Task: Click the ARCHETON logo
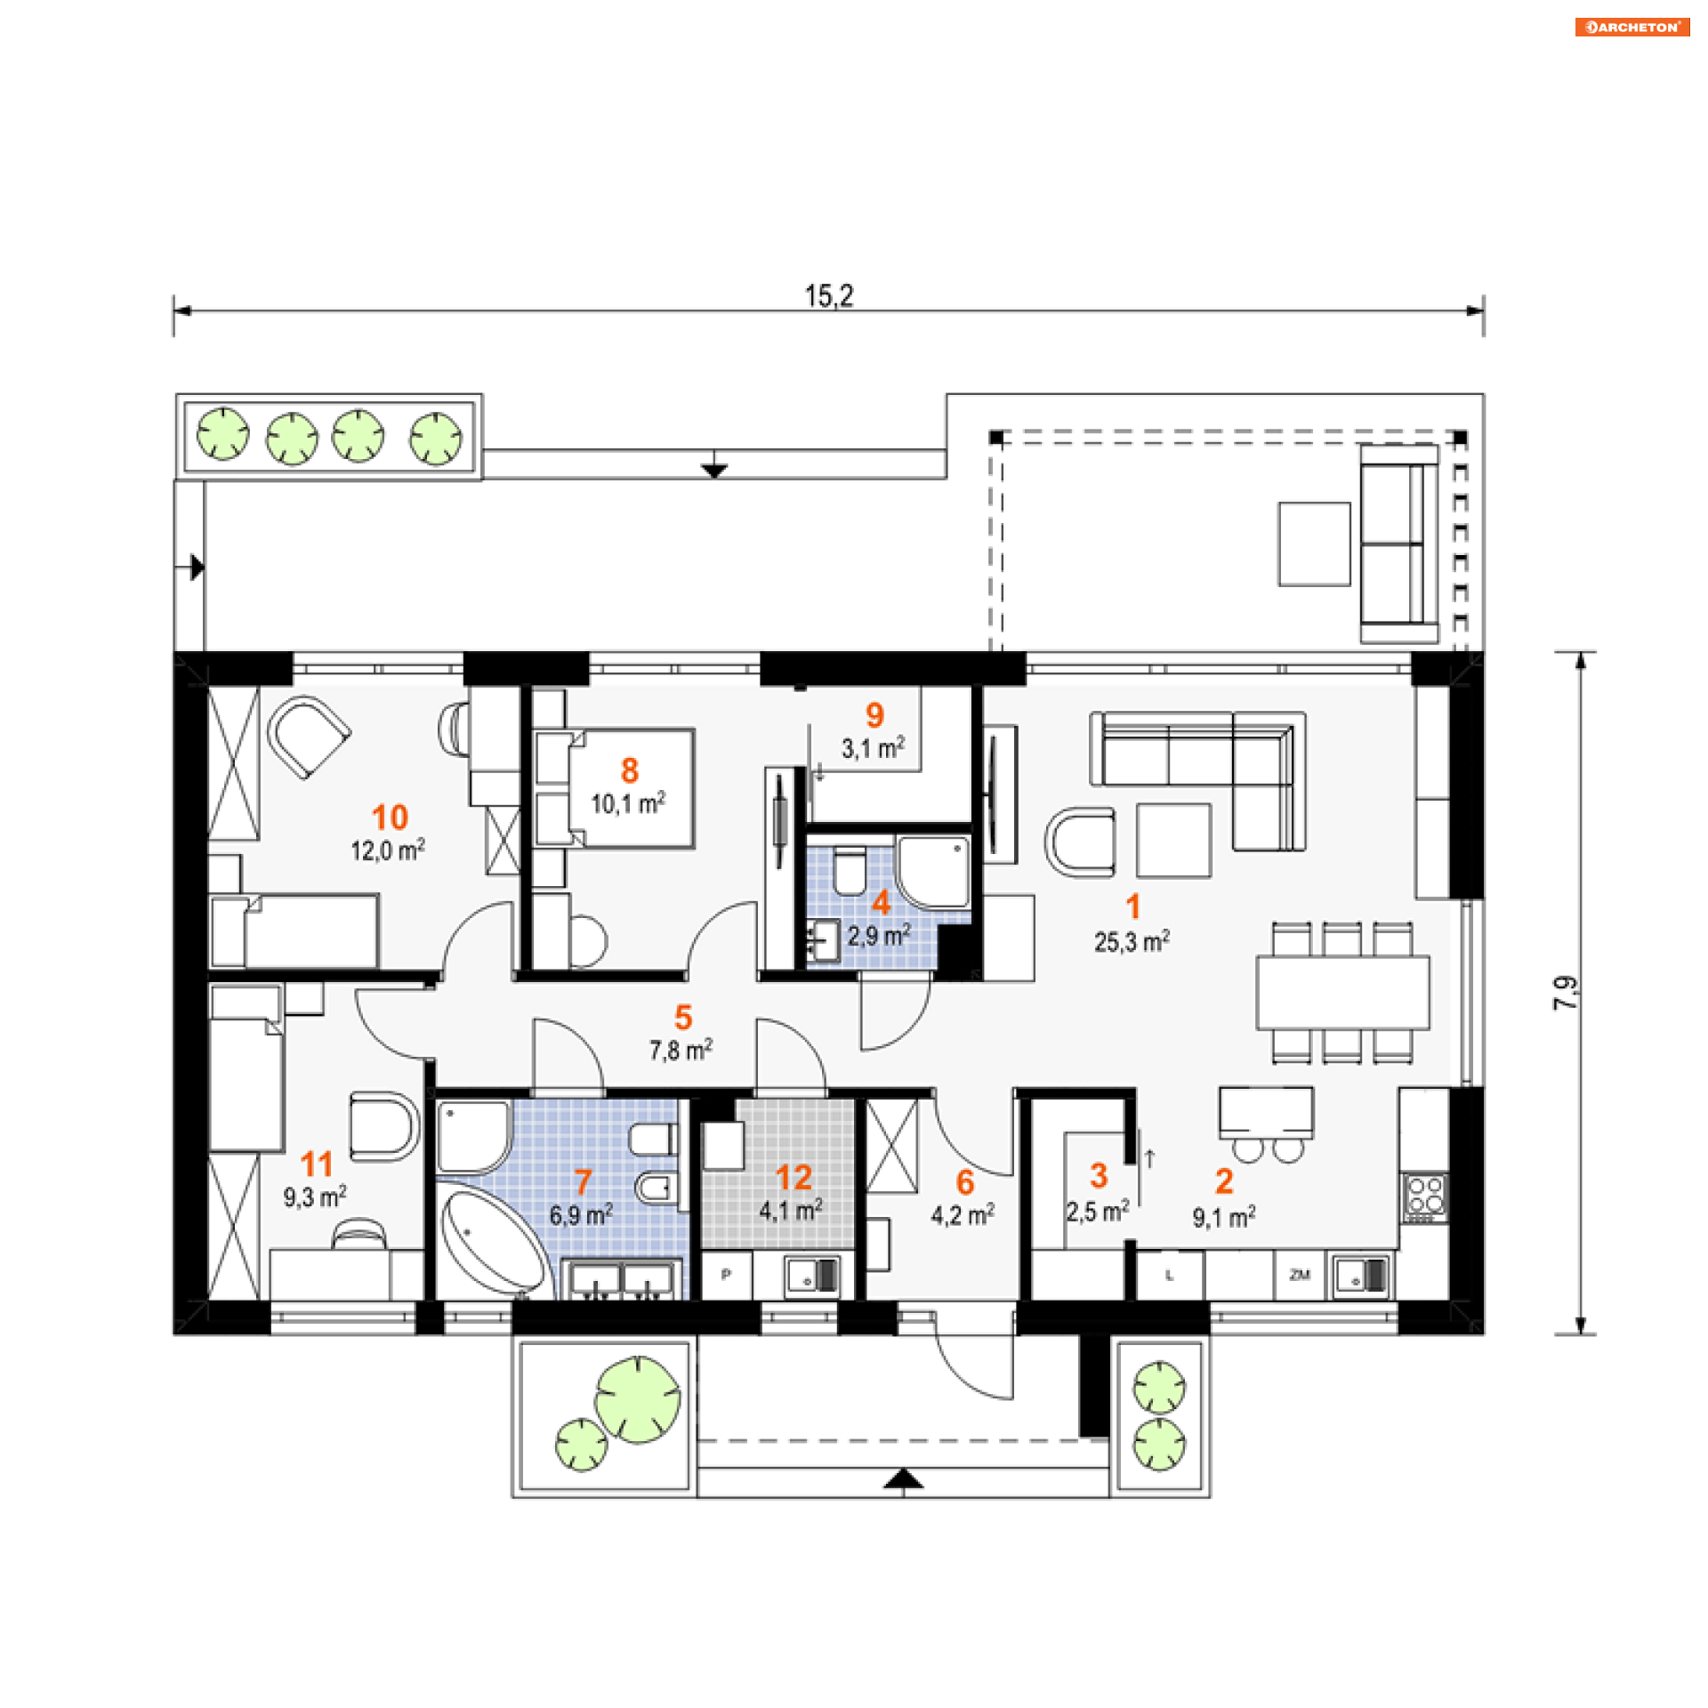(x=1631, y=27)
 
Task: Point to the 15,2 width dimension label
(x=828, y=296)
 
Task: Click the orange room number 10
(x=390, y=818)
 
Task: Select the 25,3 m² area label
(x=1132, y=941)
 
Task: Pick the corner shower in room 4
(x=933, y=871)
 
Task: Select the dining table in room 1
(x=1342, y=993)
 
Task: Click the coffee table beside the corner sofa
(x=1173, y=841)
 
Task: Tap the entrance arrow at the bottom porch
(x=904, y=1479)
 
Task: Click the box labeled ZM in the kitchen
(x=1300, y=1275)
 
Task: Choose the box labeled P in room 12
(x=727, y=1275)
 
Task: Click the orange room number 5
(x=683, y=1017)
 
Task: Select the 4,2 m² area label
(x=963, y=1214)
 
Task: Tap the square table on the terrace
(x=1314, y=544)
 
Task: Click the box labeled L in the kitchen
(x=1170, y=1275)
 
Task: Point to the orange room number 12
(x=794, y=1178)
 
